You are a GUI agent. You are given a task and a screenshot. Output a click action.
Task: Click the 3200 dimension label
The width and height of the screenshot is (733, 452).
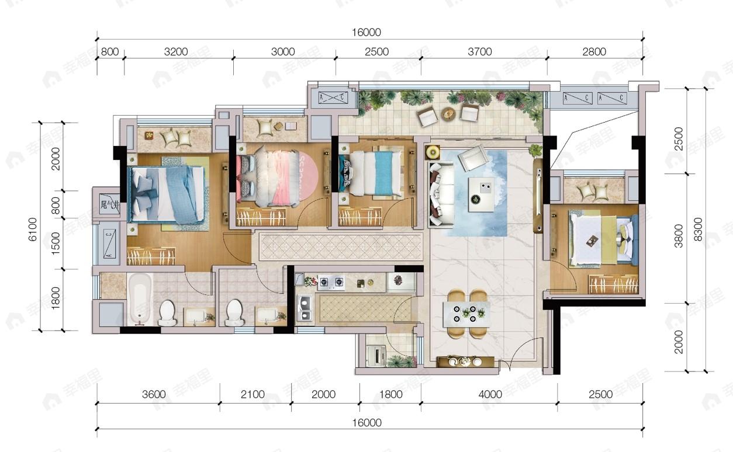click(x=176, y=52)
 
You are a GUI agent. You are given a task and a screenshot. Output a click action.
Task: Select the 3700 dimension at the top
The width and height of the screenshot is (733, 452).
click(x=479, y=52)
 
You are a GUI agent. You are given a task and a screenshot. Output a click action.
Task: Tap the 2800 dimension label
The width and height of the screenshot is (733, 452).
click(x=594, y=52)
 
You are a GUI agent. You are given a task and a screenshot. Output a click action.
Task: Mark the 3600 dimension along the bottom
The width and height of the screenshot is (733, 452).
click(x=154, y=394)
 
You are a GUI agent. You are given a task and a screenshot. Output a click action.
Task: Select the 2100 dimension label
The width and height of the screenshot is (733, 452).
click(x=253, y=394)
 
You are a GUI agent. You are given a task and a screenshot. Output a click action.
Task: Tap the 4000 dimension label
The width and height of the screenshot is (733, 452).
click(x=489, y=394)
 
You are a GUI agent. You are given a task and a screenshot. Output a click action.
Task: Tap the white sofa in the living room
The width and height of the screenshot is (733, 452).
click(x=439, y=194)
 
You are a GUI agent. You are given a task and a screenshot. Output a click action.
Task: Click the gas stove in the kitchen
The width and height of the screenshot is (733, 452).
click(x=331, y=283)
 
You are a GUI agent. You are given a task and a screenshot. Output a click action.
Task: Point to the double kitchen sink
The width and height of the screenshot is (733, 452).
click(x=304, y=308)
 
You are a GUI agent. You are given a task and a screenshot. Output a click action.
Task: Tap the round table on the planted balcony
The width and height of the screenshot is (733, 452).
click(x=449, y=113)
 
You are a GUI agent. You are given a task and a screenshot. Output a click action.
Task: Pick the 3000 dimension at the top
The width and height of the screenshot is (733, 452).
click(x=283, y=52)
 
